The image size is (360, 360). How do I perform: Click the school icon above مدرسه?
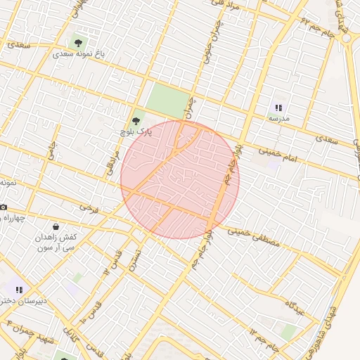tap(278, 108)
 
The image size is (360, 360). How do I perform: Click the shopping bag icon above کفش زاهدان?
tap(56, 227)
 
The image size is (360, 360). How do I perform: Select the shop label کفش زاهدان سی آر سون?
tap(58, 243)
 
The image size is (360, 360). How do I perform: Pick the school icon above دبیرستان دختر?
tap(19, 289)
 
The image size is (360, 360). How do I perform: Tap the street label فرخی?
tap(87, 207)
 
